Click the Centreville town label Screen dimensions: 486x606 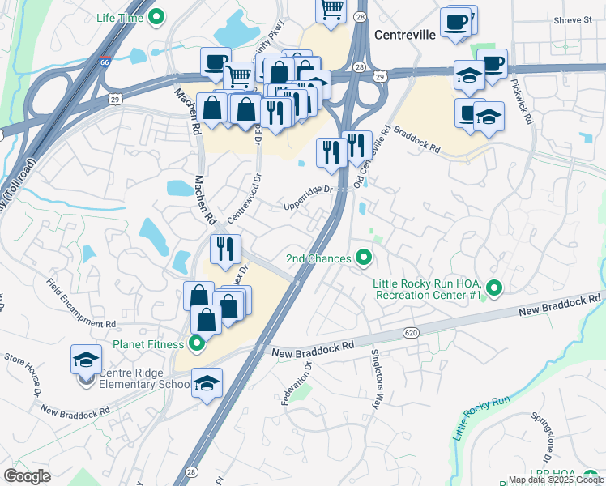click(x=405, y=36)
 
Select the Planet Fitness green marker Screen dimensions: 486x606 click(x=196, y=344)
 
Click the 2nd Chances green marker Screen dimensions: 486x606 click(x=364, y=258)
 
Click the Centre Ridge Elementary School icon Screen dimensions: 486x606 click(x=85, y=359)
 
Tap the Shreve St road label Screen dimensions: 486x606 click(x=574, y=19)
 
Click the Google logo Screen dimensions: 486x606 click(x=27, y=476)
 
